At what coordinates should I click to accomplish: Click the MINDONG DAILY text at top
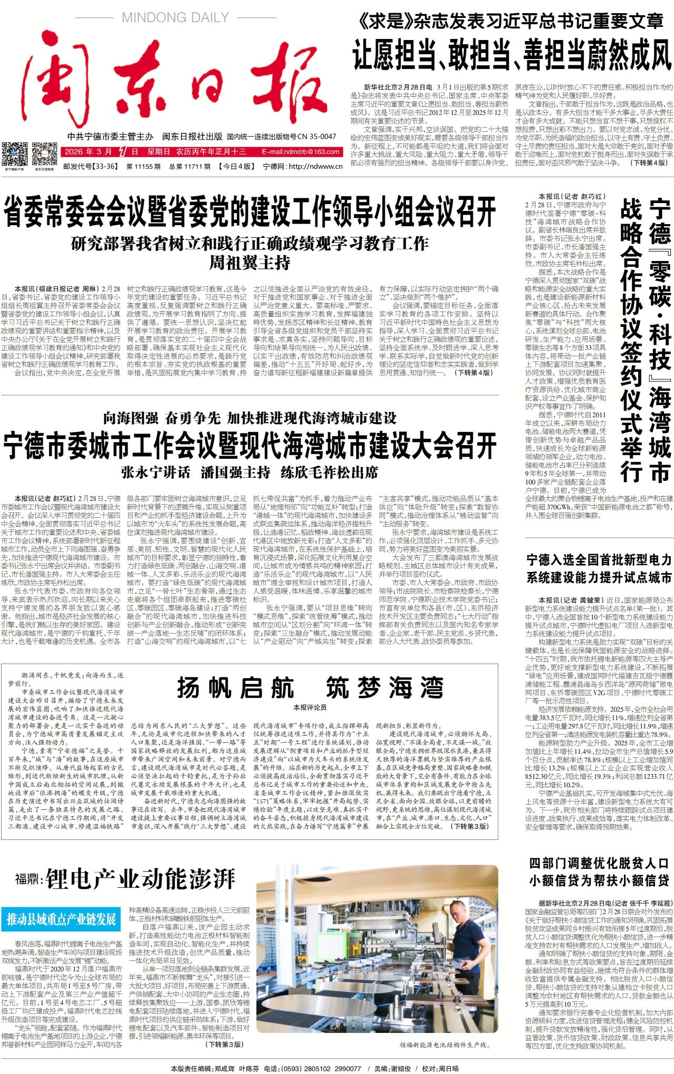tap(175, 17)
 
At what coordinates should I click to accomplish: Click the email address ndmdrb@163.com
tap(301, 152)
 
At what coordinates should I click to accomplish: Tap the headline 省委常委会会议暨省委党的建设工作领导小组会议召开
tap(250, 212)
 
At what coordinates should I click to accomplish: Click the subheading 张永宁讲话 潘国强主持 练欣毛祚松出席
tap(250, 472)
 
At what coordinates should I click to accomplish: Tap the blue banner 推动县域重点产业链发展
tap(61, 919)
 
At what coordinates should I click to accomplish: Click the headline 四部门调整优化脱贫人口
tap(599, 863)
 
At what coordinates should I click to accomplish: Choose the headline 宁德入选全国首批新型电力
tap(599, 560)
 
